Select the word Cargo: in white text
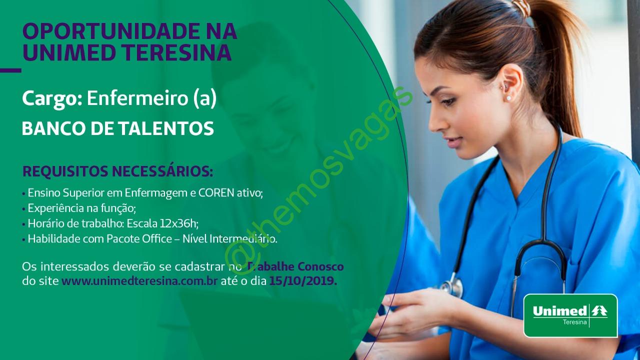coord(52,99)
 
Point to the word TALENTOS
coord(166,128)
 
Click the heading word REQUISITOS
coord(65,171)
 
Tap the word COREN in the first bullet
coord(216,193)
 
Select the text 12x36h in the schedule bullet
coord(178,223)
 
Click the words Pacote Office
coord(139,239)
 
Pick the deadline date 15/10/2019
coord(303,281)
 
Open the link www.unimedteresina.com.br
coord(139,281)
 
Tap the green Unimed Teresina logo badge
coord(570,315)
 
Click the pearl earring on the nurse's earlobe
coord(508,98)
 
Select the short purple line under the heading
coord(10,70)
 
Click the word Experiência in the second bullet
coord(53,208)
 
